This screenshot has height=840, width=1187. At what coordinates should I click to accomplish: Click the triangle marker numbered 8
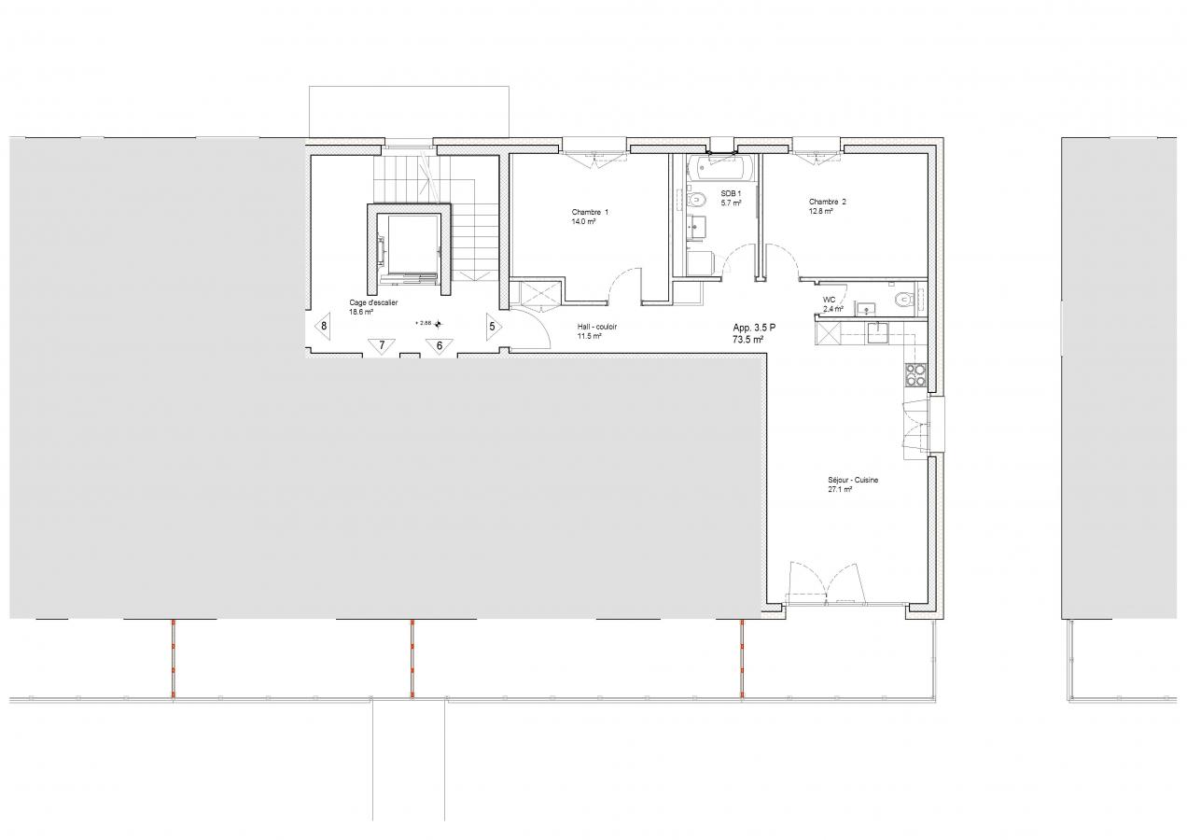tap(323, 327)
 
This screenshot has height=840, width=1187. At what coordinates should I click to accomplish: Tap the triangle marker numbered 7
tap(382, 345)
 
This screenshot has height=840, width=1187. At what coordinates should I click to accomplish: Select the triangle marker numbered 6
tap(440, 345)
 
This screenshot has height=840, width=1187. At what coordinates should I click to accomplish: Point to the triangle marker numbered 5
tap(493, 327)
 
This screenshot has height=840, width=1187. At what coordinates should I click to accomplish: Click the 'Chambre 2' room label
tap(827, 202)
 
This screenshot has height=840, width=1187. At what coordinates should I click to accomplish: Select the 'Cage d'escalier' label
tap(373, 302)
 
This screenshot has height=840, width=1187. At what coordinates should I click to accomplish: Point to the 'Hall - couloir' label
tap(596, 327)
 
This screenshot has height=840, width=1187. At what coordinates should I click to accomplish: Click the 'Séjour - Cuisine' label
tap(853, 480)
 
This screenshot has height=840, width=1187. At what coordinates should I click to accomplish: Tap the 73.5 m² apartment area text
tap(747, 340)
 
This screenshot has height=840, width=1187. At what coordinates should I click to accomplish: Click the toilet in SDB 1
tap(696, 201)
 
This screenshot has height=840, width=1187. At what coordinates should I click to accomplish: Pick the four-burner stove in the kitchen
tap(915, 374)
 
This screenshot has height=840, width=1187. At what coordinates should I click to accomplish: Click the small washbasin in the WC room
tap(866, 307)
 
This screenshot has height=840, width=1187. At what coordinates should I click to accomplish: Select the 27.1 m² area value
tap(840, 490)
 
